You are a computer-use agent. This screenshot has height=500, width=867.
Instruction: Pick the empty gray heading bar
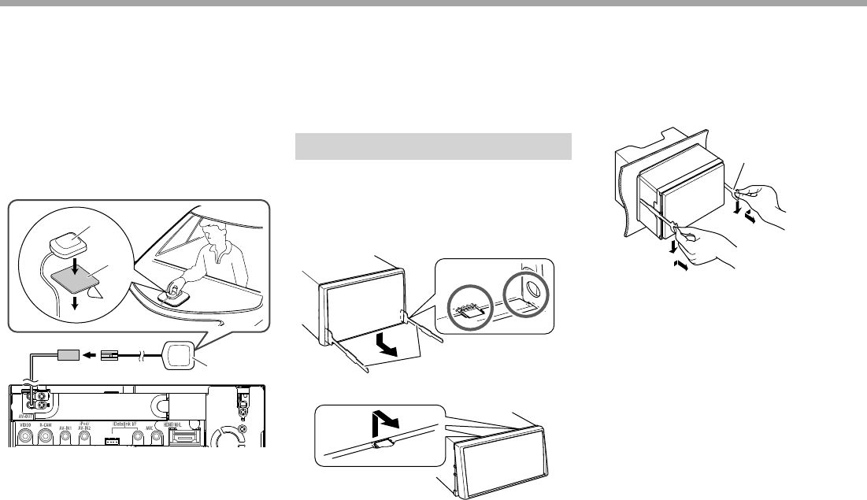(432, 146)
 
